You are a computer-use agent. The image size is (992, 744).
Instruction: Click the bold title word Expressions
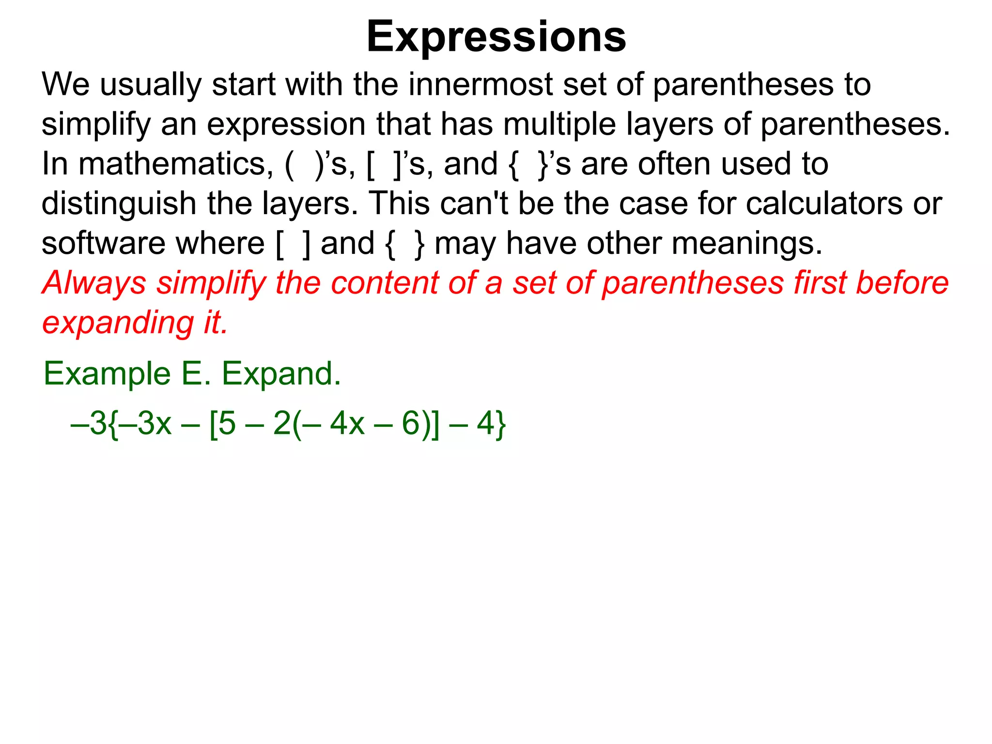point(496,37)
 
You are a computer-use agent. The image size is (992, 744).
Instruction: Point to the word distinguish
point(118,203)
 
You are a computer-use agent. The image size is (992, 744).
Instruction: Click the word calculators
point(824,203)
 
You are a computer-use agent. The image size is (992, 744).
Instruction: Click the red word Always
point(94,283)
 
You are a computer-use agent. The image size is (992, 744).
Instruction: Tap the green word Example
point(107,374)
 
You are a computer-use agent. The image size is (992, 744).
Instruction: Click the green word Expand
point(281,374)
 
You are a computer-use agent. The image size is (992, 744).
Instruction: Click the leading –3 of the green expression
point(90,423)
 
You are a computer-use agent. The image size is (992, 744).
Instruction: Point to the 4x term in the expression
point(347,423)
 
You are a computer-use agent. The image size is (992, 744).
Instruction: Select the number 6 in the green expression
point(410,423)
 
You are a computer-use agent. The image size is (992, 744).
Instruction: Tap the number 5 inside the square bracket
point(227,423)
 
